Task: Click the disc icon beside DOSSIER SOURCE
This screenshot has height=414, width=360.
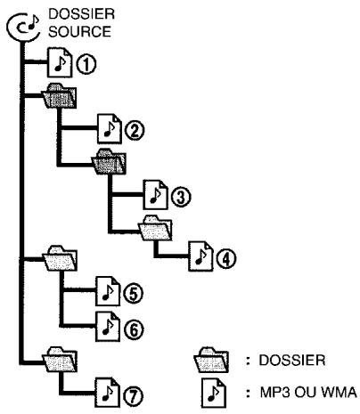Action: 23,28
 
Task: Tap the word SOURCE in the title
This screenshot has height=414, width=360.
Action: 79,32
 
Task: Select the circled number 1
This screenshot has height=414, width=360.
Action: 86,65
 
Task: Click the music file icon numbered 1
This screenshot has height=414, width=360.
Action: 60,63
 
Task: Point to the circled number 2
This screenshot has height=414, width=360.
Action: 135,131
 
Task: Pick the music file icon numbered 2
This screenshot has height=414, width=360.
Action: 110,129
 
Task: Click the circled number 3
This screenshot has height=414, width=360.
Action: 181,197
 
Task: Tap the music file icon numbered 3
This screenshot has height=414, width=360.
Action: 155,195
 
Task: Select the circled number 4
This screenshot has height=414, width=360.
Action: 226,258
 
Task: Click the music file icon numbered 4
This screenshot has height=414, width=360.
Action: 201,256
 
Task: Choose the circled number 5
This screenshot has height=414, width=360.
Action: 133,294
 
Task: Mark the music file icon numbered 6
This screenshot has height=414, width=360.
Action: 108,327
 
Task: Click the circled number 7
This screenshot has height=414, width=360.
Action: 133,395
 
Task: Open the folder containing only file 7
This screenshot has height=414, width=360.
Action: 61,359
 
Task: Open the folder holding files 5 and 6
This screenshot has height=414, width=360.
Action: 61,258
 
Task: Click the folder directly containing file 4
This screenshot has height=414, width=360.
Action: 155,228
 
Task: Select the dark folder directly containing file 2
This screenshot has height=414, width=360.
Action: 59,96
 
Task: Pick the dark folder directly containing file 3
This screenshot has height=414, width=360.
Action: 109,161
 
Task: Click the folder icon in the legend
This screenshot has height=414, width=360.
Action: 211,360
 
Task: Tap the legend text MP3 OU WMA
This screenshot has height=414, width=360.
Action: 308,393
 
